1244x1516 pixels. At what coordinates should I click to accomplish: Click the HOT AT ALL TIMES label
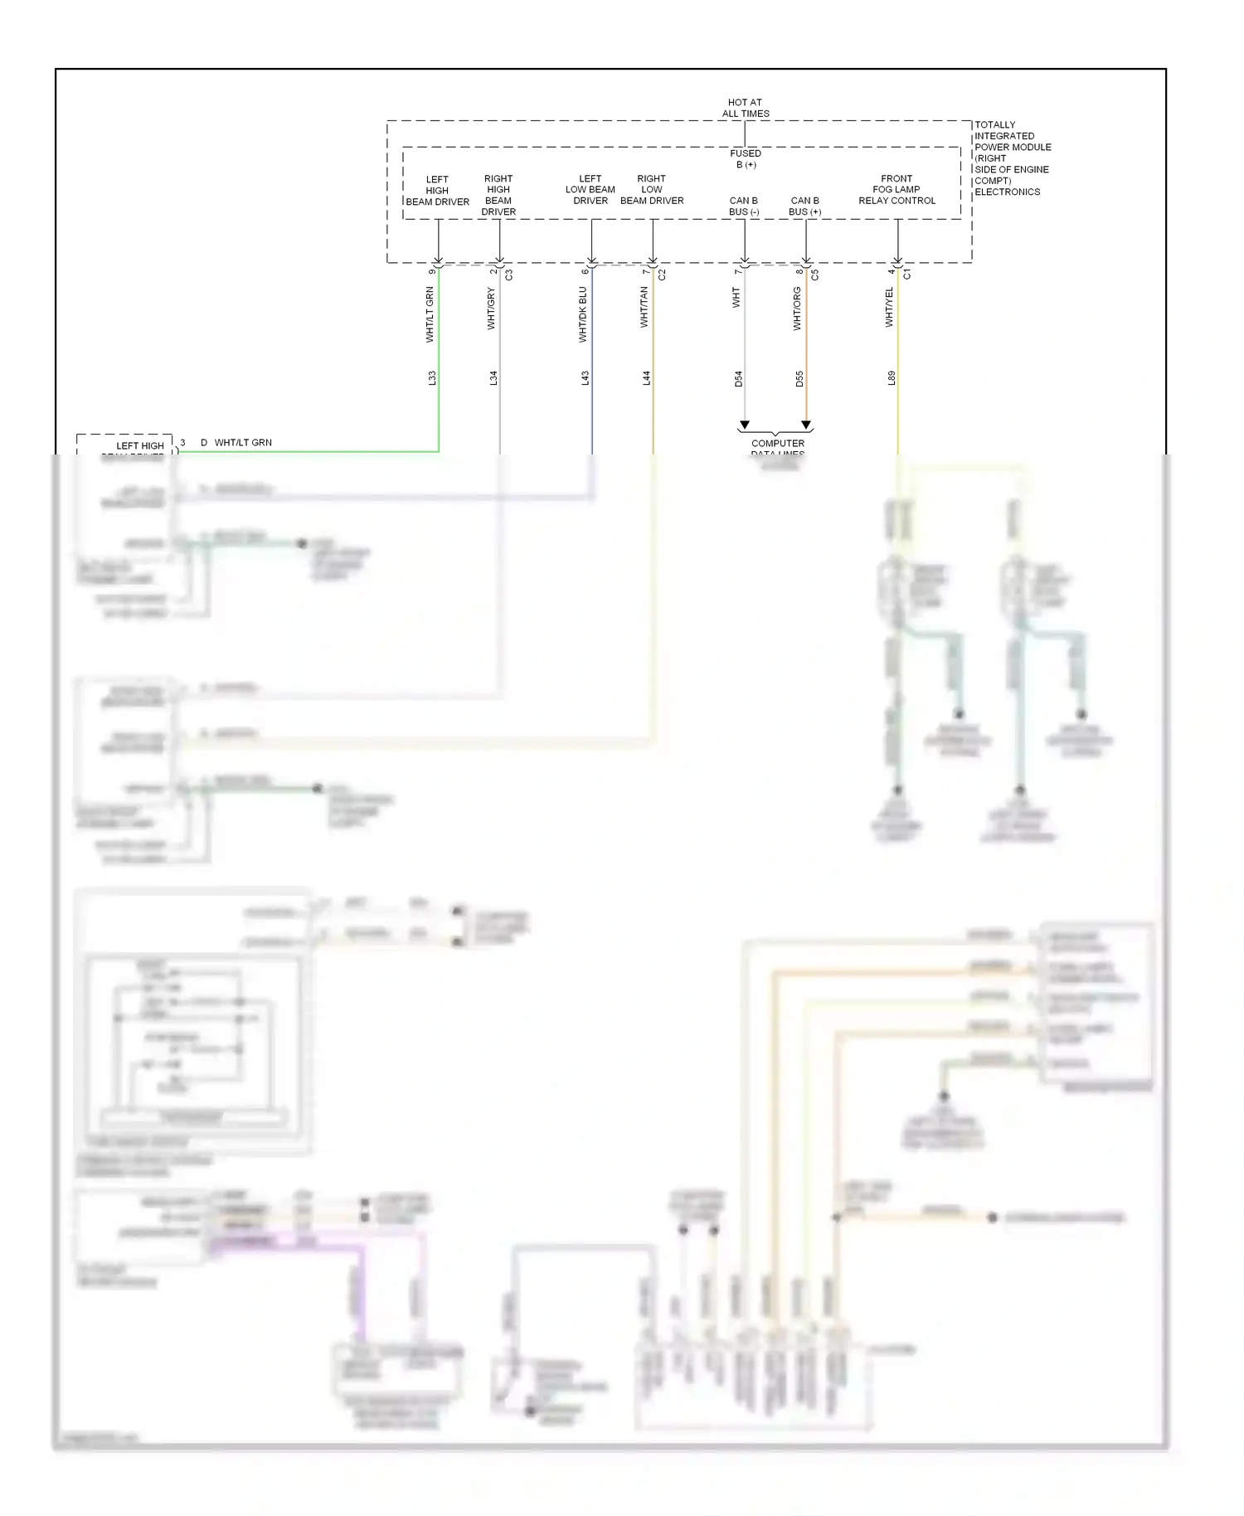click(x=745, y=108)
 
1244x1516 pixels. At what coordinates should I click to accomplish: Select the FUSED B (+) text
click(x=745, y=158)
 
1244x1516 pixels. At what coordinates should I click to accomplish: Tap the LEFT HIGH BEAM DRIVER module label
click(x=437, y=191)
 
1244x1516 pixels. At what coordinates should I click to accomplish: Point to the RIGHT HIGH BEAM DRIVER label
click(x=498, y=195)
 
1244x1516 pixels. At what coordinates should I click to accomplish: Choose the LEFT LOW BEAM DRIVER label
click(x=590, y=190)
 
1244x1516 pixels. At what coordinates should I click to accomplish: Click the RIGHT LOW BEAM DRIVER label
click(x=652, y=190)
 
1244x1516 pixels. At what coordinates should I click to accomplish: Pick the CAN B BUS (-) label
click(x=744, y=206)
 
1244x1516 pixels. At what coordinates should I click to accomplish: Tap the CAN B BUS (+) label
click(x=804, y=206)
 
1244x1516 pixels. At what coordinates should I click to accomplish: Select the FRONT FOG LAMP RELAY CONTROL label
click(x=897, y=190)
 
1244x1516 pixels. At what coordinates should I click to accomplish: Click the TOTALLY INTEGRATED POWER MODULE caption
click(x=1012, y=158)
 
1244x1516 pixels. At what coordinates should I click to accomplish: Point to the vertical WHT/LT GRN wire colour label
click(x=430, y=315)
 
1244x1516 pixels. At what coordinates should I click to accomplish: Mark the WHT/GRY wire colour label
click(x=491, y=309)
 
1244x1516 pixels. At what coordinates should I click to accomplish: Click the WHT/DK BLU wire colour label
click(x=583, y=315)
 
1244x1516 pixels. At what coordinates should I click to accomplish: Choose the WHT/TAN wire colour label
click(x=644, y=307)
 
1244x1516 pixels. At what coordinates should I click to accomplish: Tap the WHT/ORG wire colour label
click(x=797, y=309)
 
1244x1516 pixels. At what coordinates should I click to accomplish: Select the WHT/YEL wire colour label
click(x=889, y=308)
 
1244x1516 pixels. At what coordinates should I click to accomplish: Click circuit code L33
click(x=431, y=378)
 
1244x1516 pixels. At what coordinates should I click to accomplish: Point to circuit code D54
click(x=738, y=379)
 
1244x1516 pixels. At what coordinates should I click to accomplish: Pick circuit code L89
click(x=892, y=378)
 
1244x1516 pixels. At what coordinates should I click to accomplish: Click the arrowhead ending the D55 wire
click(x=806, y=425)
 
